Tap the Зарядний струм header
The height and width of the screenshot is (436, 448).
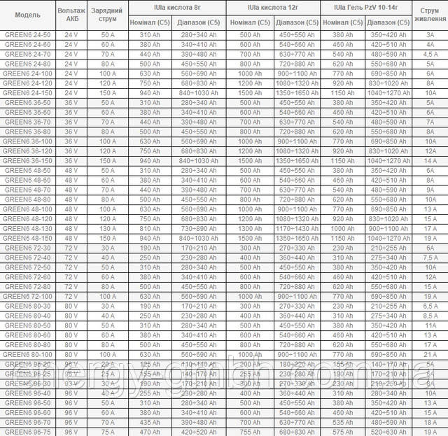click(108, 15)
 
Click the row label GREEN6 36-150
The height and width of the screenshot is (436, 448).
click(27, 160)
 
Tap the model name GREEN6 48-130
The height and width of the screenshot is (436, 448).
click(27, 228)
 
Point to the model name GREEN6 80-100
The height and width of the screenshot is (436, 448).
click(27, 344)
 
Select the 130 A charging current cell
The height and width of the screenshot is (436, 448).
click(108, 228)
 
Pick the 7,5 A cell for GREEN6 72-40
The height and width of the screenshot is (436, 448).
click(430, 258)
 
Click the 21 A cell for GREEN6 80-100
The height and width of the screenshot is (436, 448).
click(430, 354)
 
